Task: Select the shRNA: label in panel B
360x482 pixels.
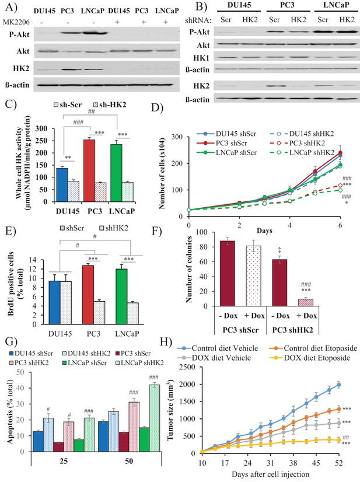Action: tap(198, 20)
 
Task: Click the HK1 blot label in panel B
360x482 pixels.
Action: tap(201, 58)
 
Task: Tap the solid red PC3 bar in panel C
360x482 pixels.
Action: tap(89, 170)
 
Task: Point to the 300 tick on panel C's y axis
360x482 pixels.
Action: tap(41, 128)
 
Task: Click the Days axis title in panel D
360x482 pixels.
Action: tap(264, 230)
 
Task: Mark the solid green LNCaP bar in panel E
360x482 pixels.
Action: tap(121, 296)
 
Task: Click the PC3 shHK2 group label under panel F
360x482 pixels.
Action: tap(292, 330)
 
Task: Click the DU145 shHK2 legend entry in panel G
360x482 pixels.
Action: tap(87, 354)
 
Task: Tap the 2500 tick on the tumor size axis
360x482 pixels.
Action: tap(187, 367)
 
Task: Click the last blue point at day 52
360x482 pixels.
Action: tap(339, 385)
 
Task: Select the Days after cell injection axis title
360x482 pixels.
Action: tap(270, 474)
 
